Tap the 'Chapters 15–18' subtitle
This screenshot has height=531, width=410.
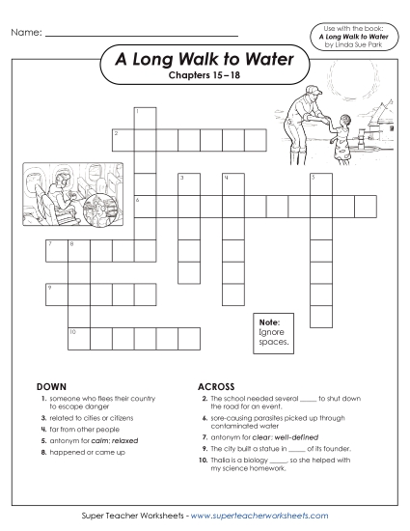[205, 76]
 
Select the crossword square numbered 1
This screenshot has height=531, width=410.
[145, 117]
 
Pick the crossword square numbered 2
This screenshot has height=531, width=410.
[123, 139]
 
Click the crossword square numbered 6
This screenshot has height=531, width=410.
[145, 206]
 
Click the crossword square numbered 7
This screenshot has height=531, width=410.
[56, 250]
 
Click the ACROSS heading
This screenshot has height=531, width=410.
[216, 386]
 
